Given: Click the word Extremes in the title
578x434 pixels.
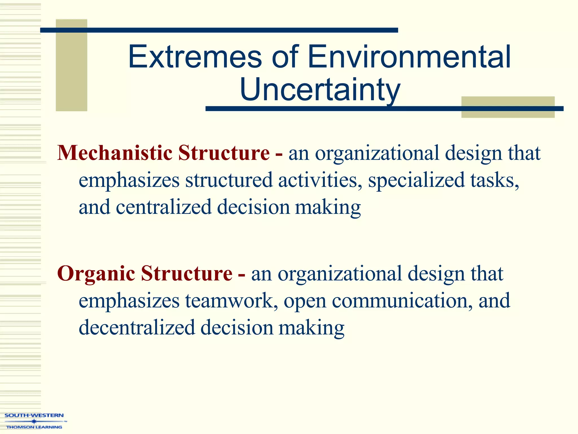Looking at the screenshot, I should click(195, 57).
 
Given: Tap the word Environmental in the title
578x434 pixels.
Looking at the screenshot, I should click(409, 57).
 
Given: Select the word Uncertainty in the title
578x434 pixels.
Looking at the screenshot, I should click(320, 90).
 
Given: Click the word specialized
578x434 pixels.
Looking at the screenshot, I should click(416, 180).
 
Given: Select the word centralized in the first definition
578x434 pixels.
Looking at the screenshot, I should click(163, 207).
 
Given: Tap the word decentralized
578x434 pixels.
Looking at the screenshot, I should click(137, 328).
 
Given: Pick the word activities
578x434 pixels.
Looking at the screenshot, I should click(320, 180).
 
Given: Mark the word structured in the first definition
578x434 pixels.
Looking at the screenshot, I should click(229, 180).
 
